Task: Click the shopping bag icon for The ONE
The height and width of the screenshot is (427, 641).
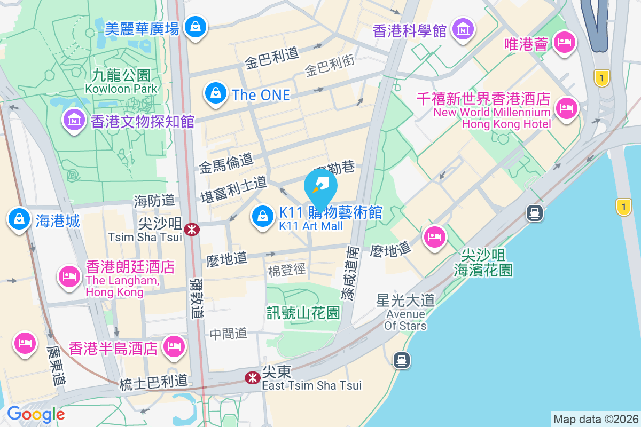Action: (215, 92)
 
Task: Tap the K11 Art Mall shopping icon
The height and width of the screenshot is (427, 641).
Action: (262, 217)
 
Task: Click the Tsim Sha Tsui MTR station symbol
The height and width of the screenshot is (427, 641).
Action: (191, 230)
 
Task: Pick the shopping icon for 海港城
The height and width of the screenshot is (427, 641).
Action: (19, 219)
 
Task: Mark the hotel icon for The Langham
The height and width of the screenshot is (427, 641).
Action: (69, 276)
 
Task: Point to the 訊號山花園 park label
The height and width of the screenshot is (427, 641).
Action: (303, 313)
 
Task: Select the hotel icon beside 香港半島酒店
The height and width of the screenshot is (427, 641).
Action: (175, 346)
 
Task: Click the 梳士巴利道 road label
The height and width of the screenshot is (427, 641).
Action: (153, 382)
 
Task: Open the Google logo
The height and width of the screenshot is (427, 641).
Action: (36, 414)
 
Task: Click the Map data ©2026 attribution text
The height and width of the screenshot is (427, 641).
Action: (595, 419)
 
